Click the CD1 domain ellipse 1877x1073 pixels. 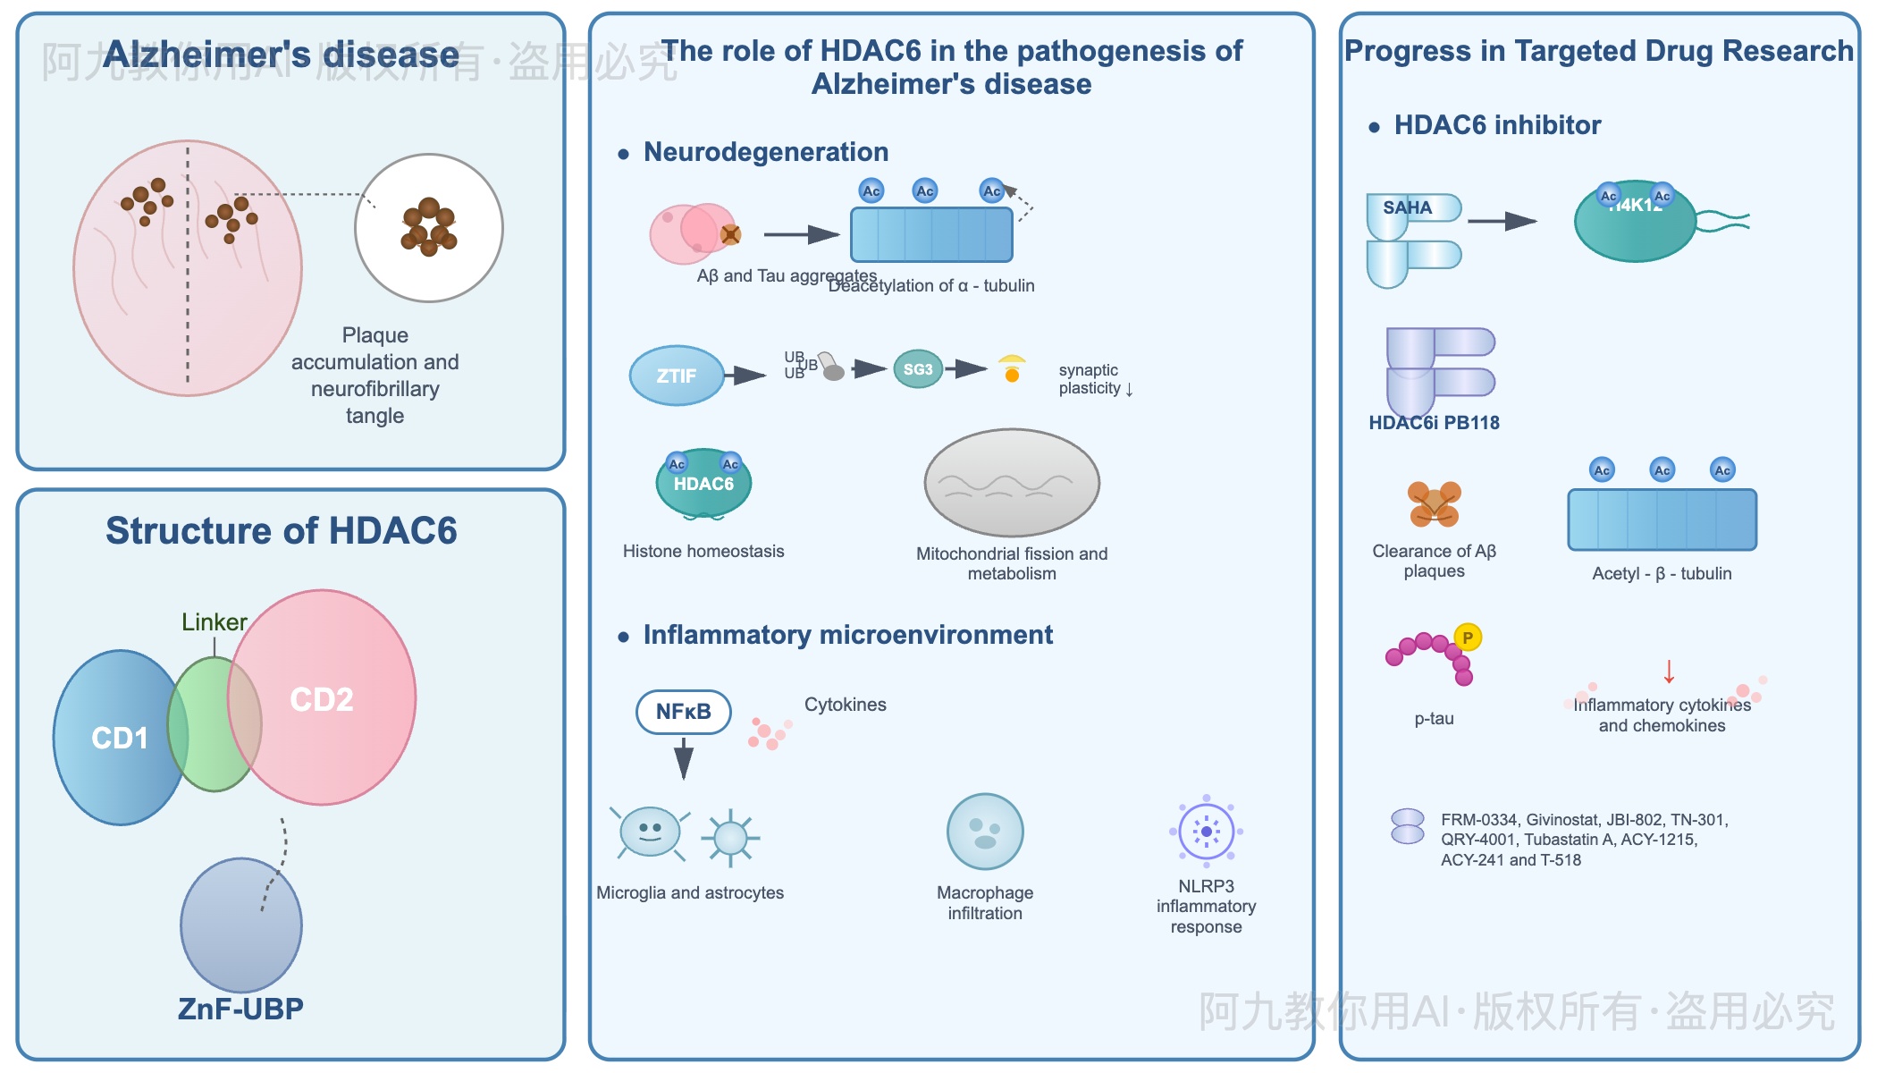point(112,737)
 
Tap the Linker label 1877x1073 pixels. point(214,621)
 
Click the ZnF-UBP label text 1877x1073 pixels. point(240,1009)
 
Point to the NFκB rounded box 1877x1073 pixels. point(684,712)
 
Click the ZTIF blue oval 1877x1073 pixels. point(677,376)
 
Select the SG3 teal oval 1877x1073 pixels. point(918,369)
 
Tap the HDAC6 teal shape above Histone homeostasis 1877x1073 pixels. point(703,484)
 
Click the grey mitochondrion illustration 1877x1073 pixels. point(1012,483)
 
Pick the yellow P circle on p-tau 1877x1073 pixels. point(1468,638)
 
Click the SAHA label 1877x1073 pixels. point(1407,207)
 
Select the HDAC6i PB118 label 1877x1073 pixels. point(1434,423)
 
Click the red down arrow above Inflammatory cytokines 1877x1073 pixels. point(1669,672)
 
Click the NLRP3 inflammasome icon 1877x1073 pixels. point(1206,832)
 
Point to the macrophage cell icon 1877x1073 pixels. point(985,832)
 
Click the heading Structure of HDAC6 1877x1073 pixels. point(282,530)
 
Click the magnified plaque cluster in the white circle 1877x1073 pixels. point(429,227)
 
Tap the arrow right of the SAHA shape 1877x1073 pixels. point(1502,221)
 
